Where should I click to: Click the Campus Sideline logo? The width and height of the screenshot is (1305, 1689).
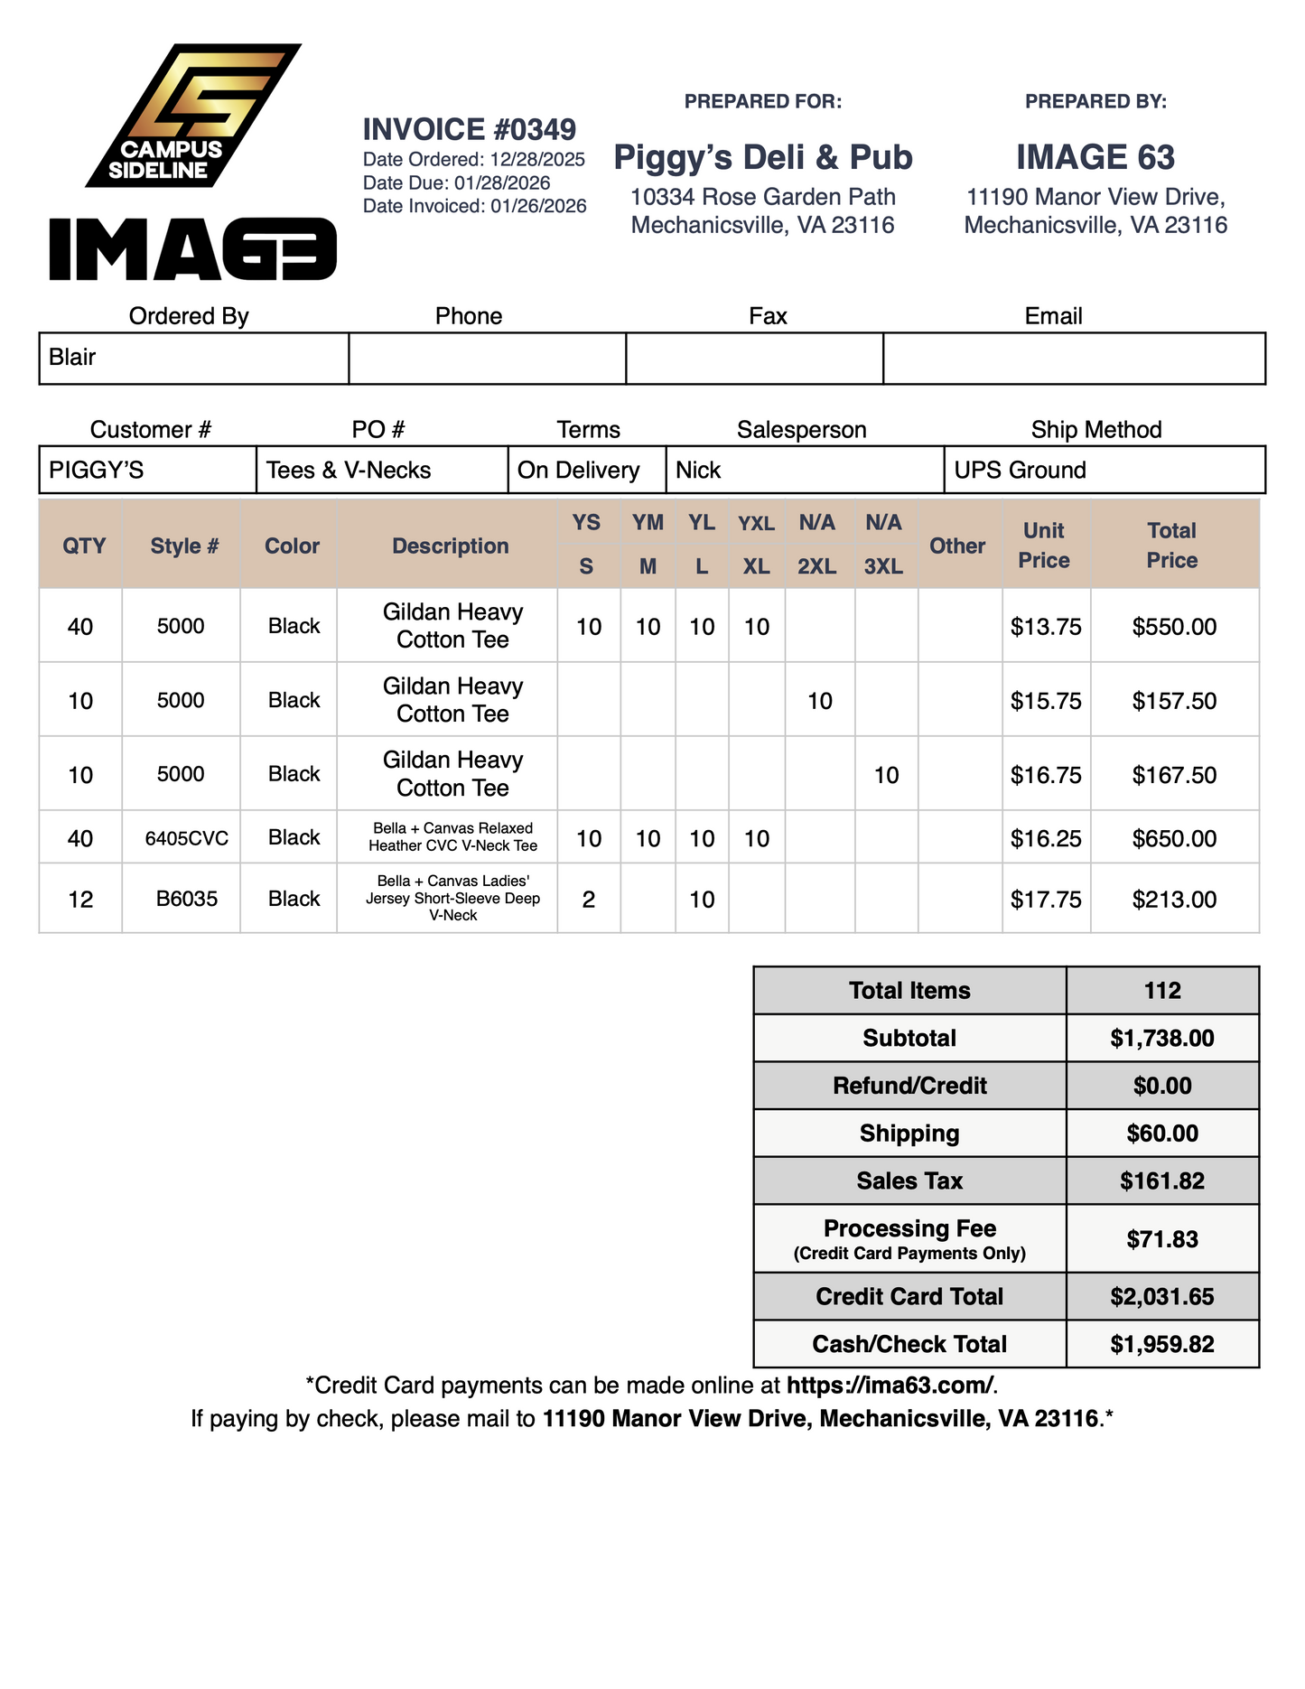tap(192, 116)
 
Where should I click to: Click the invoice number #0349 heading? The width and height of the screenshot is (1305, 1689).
tap(469, 130)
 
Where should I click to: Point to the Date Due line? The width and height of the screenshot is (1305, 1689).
tap(456, 182)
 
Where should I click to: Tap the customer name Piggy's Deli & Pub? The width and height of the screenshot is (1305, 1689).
tap(763, 157)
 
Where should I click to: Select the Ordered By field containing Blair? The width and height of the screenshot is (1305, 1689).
tap(193, 358)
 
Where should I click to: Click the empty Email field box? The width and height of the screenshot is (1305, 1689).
tap(1073, 358)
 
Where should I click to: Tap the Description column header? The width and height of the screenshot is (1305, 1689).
tap(450, 546)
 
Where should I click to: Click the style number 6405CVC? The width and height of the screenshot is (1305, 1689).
tap(187, 838)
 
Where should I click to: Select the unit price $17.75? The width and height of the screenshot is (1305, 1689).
tap(1046, 900)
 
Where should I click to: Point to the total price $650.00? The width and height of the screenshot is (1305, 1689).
tap(1174, 838)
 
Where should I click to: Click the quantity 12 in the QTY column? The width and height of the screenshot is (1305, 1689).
tap(80, 900)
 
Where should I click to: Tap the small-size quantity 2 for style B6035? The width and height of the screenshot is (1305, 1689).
tap(588, 900)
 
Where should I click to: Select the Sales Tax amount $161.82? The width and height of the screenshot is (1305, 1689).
tap(1161, 1181)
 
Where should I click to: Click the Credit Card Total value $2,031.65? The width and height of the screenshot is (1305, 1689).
tap(1161, 1297)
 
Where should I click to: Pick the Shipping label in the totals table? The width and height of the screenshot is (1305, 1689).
tap(909, 1134)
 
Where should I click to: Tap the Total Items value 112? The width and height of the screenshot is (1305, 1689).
tap(1161, 991)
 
